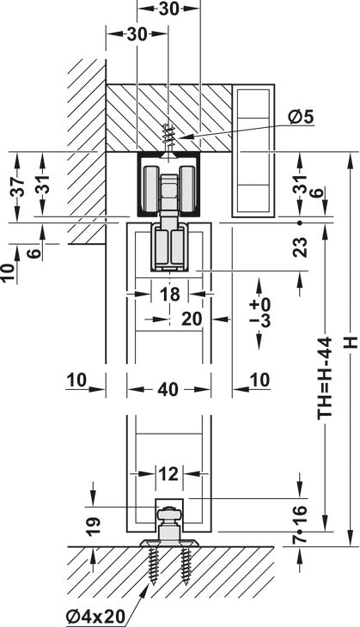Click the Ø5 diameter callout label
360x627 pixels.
click(301, 117)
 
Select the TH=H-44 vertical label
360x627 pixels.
click(325, 378)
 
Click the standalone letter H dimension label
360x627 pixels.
click(351, 343)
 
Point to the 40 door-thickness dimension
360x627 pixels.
click(168, 389)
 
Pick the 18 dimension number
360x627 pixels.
click(169, 295)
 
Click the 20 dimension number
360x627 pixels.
click(192, 320)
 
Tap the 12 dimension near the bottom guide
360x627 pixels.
click(168, 474)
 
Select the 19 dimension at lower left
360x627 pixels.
click(93, 527)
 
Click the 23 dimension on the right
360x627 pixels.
click(300, 247)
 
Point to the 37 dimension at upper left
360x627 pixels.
click(17, 186)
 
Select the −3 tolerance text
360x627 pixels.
click(259, 320)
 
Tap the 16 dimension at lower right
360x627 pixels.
click(300, 515)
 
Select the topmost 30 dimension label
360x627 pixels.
click(168, 9)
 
